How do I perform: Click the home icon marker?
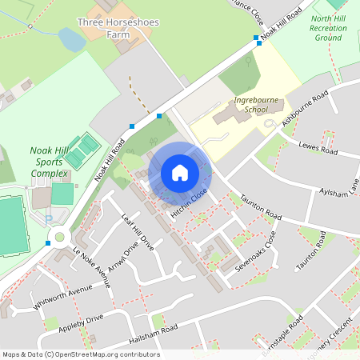click(180, 172)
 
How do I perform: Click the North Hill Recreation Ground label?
click(328, 27)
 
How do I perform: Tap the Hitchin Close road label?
click(189, 203)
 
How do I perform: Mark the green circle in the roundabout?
click(59, 237)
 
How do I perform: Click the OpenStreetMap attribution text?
click(80, 354)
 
